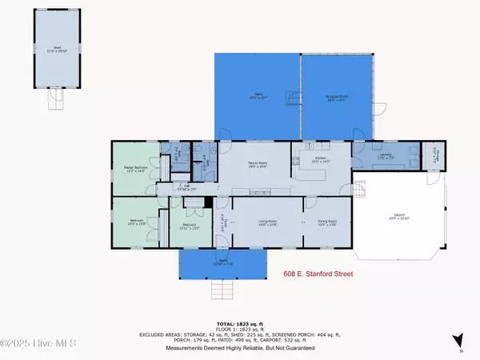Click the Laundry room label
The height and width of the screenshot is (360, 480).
click(386, 157)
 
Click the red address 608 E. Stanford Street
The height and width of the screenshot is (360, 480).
click(318, 273)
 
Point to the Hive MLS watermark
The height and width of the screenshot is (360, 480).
click(38, 344)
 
